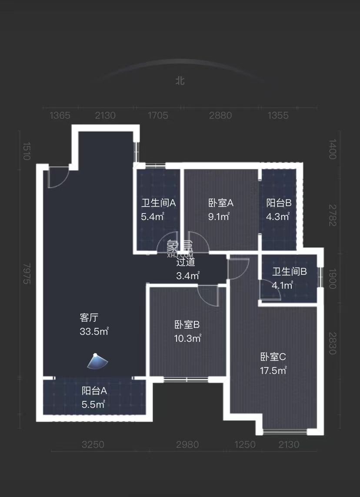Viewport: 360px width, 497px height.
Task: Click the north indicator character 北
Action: pyautogui.click(x=180, y=80)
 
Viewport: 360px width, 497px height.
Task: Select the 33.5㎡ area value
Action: pyautogui.click(x=94, y=332)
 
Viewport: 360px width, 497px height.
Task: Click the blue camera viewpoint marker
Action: pyautogui.click(x=97, y=360)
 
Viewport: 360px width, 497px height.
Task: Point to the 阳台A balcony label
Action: pyautogui.click(x=94, y=390)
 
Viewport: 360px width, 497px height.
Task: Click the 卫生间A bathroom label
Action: pyautogui.click(x=158, y=203)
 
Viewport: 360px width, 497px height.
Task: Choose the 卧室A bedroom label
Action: pyautogui.click(x=221, y=203)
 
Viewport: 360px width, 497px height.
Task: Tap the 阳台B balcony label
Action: pyautogui.click(x=279, y=203)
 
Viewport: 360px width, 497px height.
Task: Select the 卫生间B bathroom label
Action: pyautogui.click(x=290, y=272)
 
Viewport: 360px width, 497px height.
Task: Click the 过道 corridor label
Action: pyautogui.click(x=186, y=262)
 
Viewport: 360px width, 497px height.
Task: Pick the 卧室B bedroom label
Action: pyautogui.click(x=187, y=324)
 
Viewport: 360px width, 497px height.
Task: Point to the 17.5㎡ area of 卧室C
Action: pyautogui.click(x=273, y=370)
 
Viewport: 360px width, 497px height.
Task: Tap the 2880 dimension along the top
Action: pyautogui.click(x=220, y=116)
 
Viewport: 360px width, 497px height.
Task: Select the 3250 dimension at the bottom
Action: pyautogui.click(x=93, y=444)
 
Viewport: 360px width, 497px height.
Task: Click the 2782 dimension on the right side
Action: pyautogui.click(x=333, y=216)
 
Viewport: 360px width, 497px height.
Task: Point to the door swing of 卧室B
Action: pyautogui.click(x=208, y=295)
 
